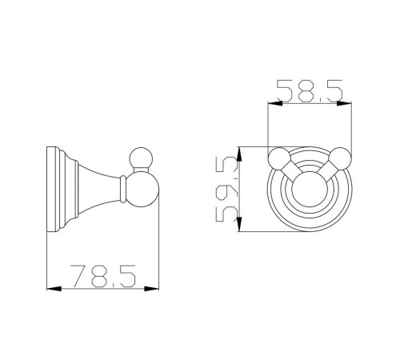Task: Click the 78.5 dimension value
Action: coord(103,276)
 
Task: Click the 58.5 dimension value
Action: coord(310,90)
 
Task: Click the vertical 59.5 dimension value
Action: coord(226,189)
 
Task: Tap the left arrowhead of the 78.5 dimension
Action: coord(54,289)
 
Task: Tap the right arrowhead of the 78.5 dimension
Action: coord(151,289)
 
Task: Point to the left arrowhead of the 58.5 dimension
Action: coord(275,103)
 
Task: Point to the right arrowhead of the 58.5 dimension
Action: coord(344,103)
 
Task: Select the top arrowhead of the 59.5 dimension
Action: coord(239,154)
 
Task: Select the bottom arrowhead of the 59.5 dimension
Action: coord(239,224)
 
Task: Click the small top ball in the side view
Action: coord(141,158)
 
